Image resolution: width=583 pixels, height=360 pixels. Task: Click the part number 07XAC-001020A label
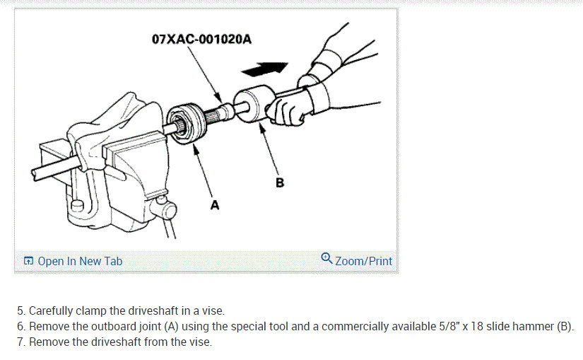[201, 38]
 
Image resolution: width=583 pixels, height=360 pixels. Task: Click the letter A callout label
[215, 205]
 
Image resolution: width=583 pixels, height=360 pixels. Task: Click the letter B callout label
[280, 182]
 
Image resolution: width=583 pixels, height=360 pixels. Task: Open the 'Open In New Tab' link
[80, 261]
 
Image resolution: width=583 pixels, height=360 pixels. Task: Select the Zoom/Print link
[363, 261]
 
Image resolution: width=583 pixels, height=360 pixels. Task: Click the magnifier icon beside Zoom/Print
[326, 259]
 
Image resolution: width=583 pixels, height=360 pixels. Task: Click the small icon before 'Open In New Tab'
[28, 262]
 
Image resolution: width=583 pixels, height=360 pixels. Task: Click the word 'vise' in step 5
[213, 310]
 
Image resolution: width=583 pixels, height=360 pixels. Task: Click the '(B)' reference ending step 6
[563, 327]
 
